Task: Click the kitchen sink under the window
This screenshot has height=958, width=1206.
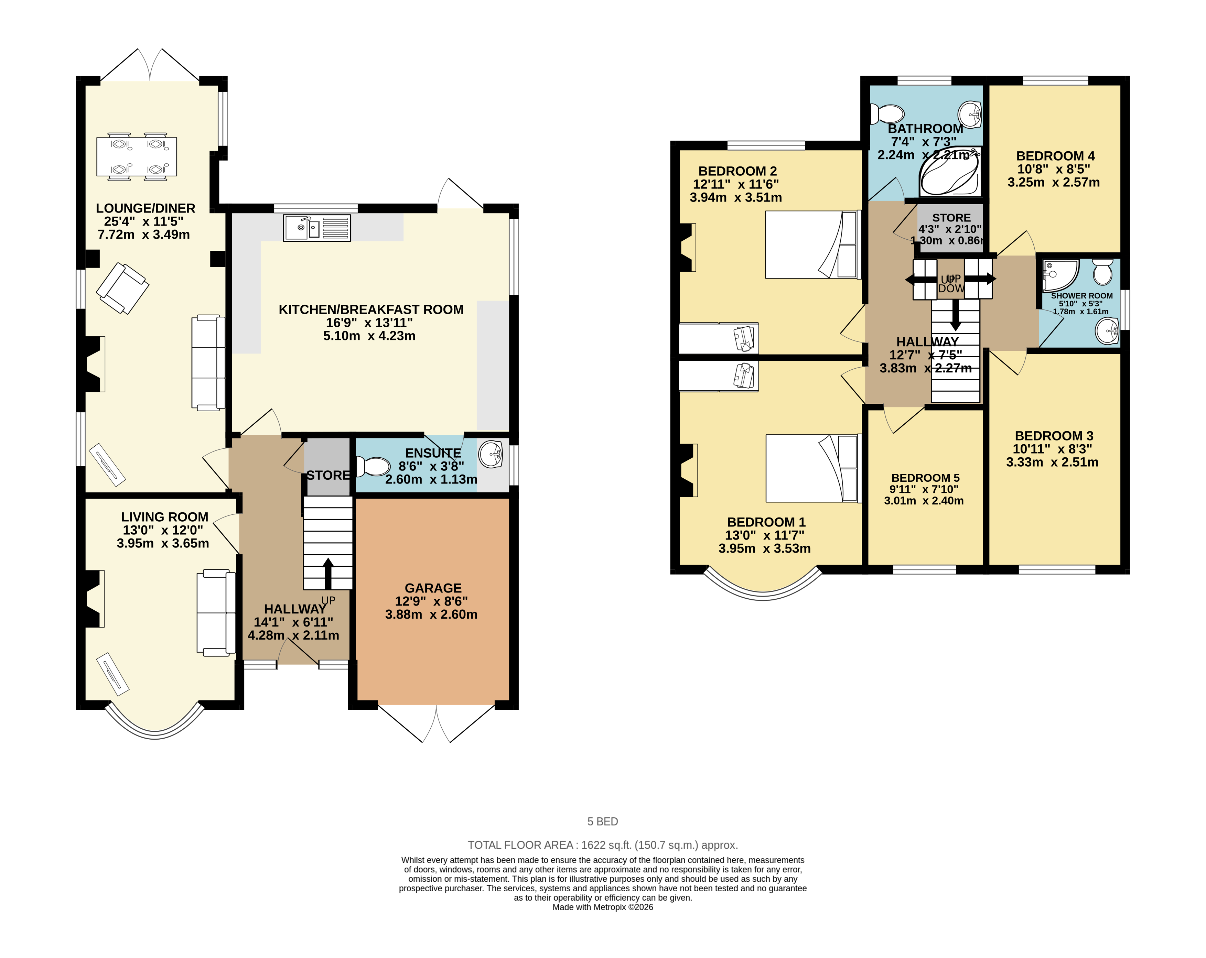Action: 316,228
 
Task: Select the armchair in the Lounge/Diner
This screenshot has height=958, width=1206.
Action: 122,288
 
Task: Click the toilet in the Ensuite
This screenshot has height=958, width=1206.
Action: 374,466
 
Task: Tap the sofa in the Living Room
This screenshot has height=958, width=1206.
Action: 215,612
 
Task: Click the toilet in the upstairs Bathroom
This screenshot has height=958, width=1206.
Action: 887,114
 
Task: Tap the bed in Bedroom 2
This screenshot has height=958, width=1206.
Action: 811,244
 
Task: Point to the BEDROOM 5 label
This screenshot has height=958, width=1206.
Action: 925,478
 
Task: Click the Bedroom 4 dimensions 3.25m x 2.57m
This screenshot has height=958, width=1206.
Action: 1053,182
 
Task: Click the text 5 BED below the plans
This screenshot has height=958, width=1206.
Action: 602,821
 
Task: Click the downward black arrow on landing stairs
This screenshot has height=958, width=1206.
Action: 955,315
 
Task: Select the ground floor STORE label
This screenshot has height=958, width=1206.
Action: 328,475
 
